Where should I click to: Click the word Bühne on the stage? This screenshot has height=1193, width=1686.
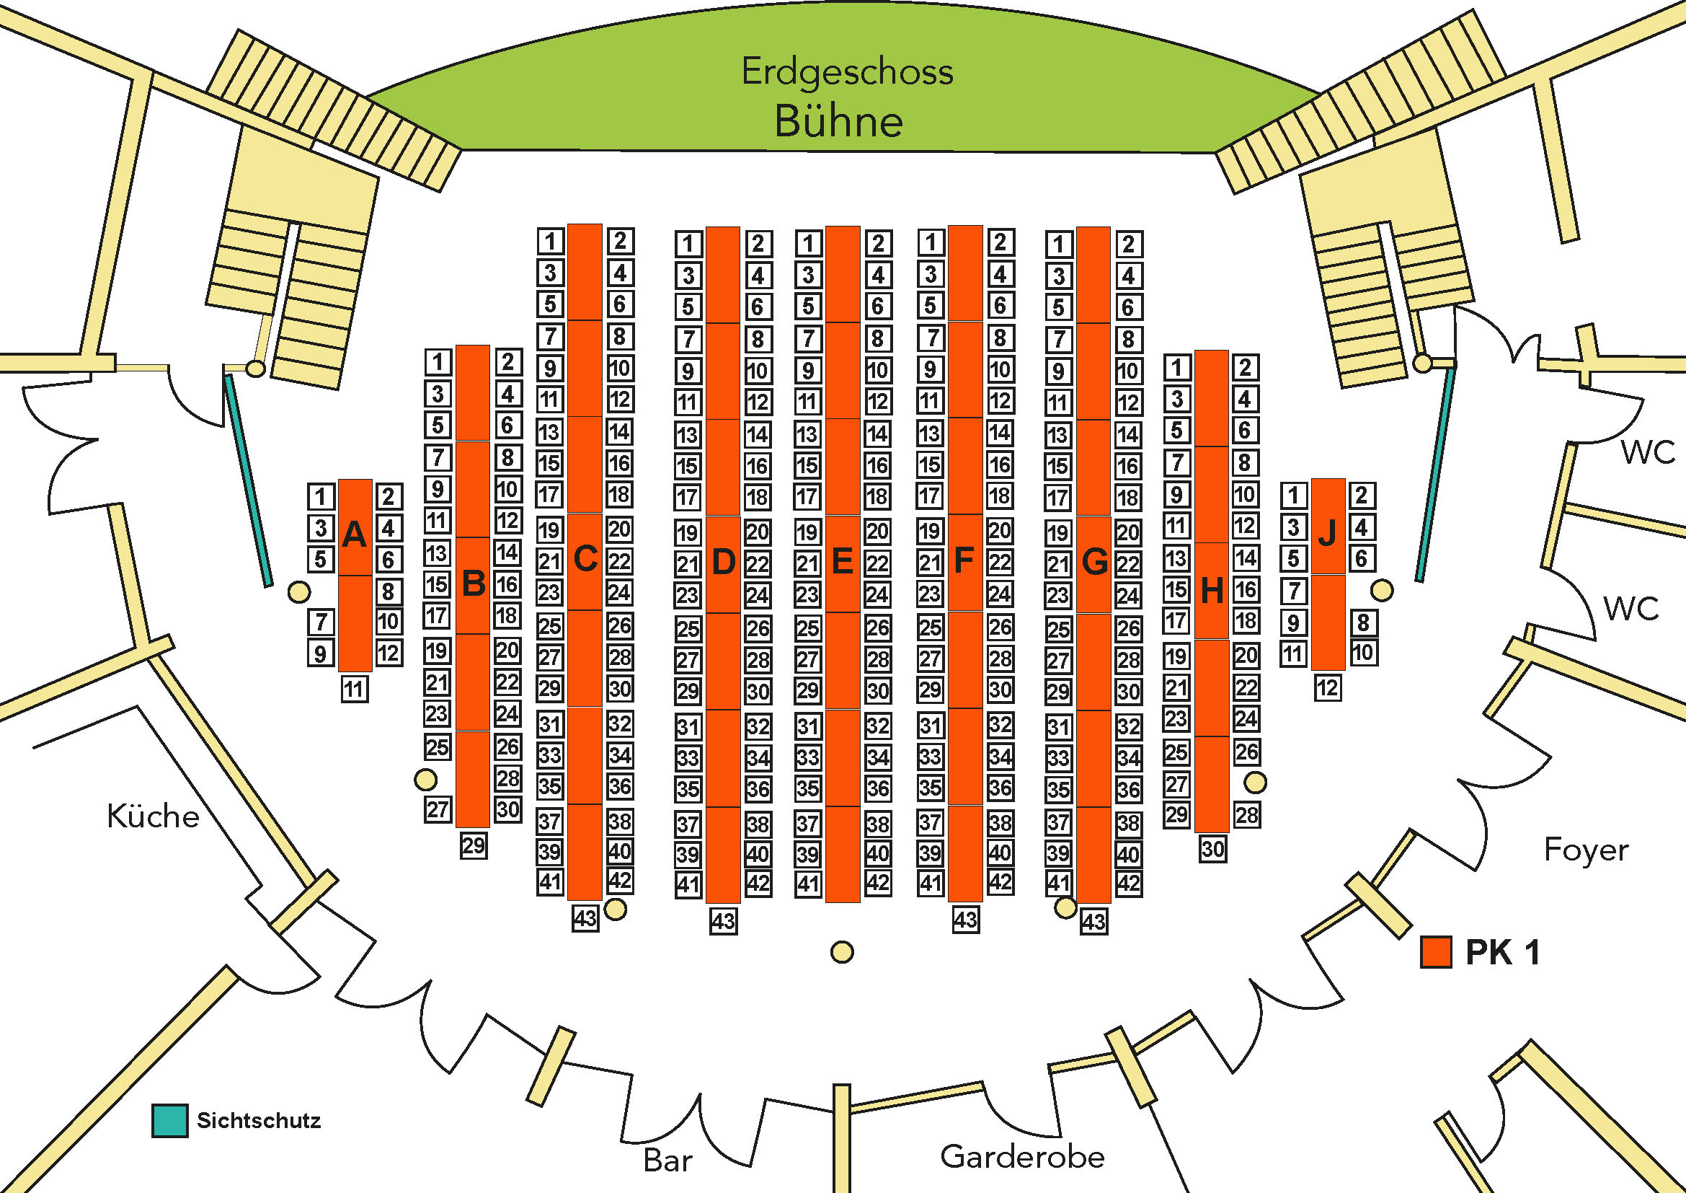pos(838,121)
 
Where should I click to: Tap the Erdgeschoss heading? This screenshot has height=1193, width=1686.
pos(848,72)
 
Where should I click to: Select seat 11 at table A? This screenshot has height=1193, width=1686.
pos(355,689)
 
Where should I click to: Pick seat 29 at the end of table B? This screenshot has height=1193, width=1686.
pos(474,845)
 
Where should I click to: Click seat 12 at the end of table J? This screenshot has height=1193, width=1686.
pos(1328,687)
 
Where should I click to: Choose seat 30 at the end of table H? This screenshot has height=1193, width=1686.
pos(1212,849)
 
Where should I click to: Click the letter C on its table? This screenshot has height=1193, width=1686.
pos(585,559)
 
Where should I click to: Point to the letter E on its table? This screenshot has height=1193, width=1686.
pos(842,562)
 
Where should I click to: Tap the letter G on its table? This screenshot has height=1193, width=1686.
pos(1095,563)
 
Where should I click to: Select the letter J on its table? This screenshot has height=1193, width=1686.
pos(1328,534)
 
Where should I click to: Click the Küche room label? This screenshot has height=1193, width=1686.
pos(153,816)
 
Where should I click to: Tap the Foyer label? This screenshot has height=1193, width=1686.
pos(1586,850)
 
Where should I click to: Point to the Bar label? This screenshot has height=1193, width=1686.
pos(667,1160)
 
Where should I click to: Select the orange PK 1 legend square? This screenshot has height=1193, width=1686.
pos(1436,952)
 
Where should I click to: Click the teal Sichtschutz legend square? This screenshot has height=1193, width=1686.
pos(169,1120)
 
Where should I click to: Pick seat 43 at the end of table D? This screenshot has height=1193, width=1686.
pos(723,920)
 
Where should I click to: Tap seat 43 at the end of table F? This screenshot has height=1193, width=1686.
pos(966,919)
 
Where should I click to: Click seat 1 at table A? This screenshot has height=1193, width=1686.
pos(320,496)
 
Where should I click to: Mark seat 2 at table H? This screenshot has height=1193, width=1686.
pos(1245,367)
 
